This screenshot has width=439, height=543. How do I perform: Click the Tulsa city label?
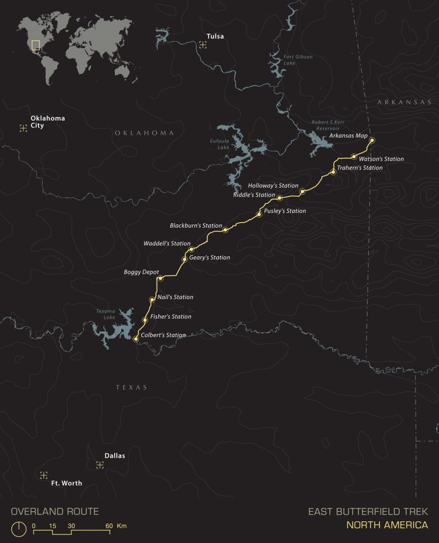(x=215, y=37)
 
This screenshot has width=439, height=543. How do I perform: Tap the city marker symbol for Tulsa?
(x=203, y=44)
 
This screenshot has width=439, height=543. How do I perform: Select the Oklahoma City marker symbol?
(x=23, y=128)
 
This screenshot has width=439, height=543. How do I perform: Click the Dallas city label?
(x=114, y=456)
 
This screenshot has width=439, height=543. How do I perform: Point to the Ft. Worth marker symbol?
(x=43, y=475)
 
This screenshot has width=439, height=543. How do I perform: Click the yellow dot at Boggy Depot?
(x=161, y=279)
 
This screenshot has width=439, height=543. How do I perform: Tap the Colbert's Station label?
(x=163, y=335)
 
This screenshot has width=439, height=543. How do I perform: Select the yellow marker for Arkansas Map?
(x=372, y=140)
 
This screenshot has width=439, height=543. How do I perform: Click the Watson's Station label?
(x=381, y=159)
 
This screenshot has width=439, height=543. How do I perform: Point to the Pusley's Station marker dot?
(x=259, y=214)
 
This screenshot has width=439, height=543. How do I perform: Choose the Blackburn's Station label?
(x=195, y=225)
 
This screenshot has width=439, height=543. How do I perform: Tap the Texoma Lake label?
(x=105, y=315)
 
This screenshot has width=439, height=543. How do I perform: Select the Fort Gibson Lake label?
(x=297, y=60)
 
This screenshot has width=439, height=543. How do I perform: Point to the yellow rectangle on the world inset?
(x=36, y=46)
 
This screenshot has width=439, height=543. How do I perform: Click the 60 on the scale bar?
(x=108, y=525)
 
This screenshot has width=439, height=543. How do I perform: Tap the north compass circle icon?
(x=19, y=529)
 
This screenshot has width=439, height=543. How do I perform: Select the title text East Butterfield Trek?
(x=368, y=512)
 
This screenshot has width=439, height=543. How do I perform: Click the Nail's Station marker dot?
(x=152, y=299)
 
